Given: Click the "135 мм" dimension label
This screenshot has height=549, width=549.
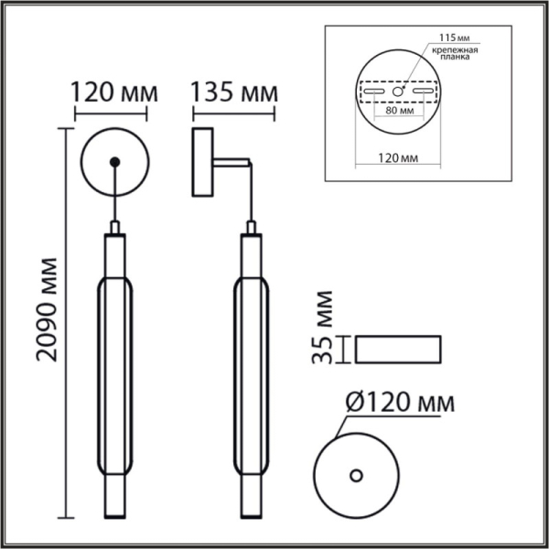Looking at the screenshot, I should (233, 94).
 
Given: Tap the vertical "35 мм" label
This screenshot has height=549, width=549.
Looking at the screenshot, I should (323, 328).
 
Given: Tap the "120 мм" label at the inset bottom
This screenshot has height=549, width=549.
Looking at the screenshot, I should (396, 157).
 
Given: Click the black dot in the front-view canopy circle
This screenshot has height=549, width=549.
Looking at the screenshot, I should (113, 163).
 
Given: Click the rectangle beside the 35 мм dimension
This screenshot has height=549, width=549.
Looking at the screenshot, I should (398, 350).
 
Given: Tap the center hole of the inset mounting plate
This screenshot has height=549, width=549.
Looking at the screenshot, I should (398, 91).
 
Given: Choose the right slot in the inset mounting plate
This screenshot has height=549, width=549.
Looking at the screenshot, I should (422, 91).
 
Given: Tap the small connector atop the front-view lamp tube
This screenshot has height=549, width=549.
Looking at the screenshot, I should (113, 227).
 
